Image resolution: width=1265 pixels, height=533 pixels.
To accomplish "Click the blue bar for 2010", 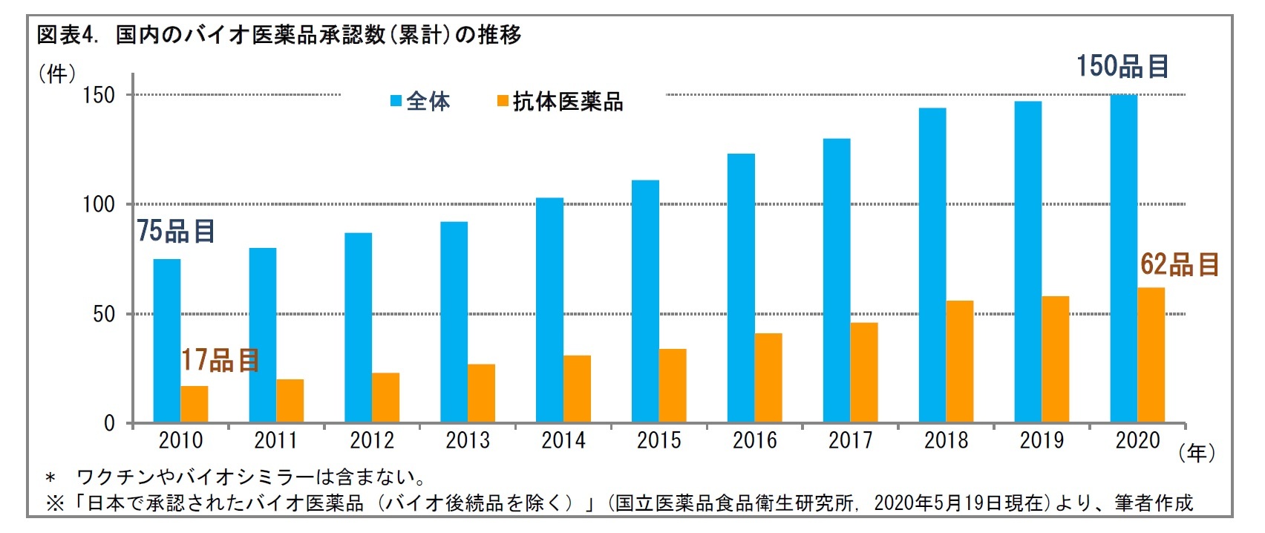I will pyautogui.click(x=166, y=341).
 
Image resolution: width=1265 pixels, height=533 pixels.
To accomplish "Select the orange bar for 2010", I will pyautogui.click(x=195, y=405).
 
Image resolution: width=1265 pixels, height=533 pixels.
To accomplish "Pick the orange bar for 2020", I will pyautogui.click(x=1151, y=356).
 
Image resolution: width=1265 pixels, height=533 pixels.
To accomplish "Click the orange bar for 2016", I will pyautogui.click(x=768, y=379).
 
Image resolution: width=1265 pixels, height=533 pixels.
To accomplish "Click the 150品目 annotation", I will pyautogui.click(x=1122, y=67).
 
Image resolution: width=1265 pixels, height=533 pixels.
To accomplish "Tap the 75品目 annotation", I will pyautogui.click(x=176, y=232).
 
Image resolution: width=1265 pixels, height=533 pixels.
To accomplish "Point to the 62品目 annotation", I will pyautogui.click(x=1179, y=265).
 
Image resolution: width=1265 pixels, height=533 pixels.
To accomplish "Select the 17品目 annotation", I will pyautogui.click(x=220, y=361).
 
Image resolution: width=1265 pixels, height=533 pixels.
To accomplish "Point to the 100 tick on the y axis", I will pyautogui.click(x=99, y=205).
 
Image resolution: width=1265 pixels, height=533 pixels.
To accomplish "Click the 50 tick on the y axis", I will pyautogui.click(x=104, y=314).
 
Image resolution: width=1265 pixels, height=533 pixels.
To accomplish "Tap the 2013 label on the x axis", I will pyautogui.click(x=468, y=441).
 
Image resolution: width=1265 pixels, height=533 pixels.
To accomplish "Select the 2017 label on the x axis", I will pyautogui.click(x=851, y=441).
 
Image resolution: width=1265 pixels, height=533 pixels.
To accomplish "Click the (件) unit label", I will pyautogui.click(x=57, y=73).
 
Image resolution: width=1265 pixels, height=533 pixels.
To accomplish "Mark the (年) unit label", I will pyautogui.click(x=1197, y=453).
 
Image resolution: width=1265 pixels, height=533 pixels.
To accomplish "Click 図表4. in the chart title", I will pyautogui.click(x=68, y=35).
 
